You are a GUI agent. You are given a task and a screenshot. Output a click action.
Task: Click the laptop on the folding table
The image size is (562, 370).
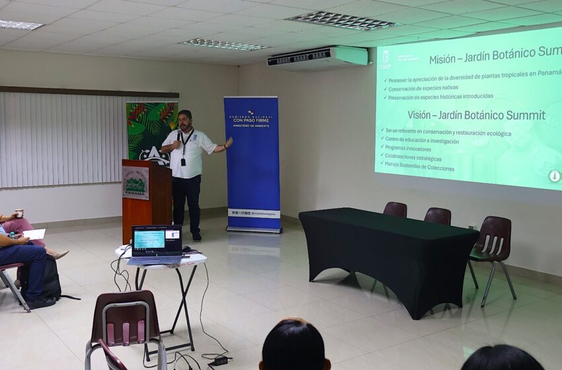(156, 243)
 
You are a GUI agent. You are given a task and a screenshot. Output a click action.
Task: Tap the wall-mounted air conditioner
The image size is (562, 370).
(317, 57)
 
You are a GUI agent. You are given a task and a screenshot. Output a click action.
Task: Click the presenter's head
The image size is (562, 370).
(185, 120)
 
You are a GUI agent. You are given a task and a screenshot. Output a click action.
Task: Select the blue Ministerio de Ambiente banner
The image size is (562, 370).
(251, 163)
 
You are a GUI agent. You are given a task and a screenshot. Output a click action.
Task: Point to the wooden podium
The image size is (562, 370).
(146, 198)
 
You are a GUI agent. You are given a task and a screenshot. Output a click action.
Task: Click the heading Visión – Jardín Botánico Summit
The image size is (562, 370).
(476, 115)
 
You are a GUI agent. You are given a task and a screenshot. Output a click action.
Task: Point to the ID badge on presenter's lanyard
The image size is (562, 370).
(183, 161)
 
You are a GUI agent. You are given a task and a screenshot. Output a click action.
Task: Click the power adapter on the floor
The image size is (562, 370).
(219, 361)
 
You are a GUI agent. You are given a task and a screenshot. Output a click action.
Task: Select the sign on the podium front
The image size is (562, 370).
(136, 182)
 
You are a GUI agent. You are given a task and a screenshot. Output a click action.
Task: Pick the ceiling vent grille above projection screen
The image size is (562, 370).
(342, 20)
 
